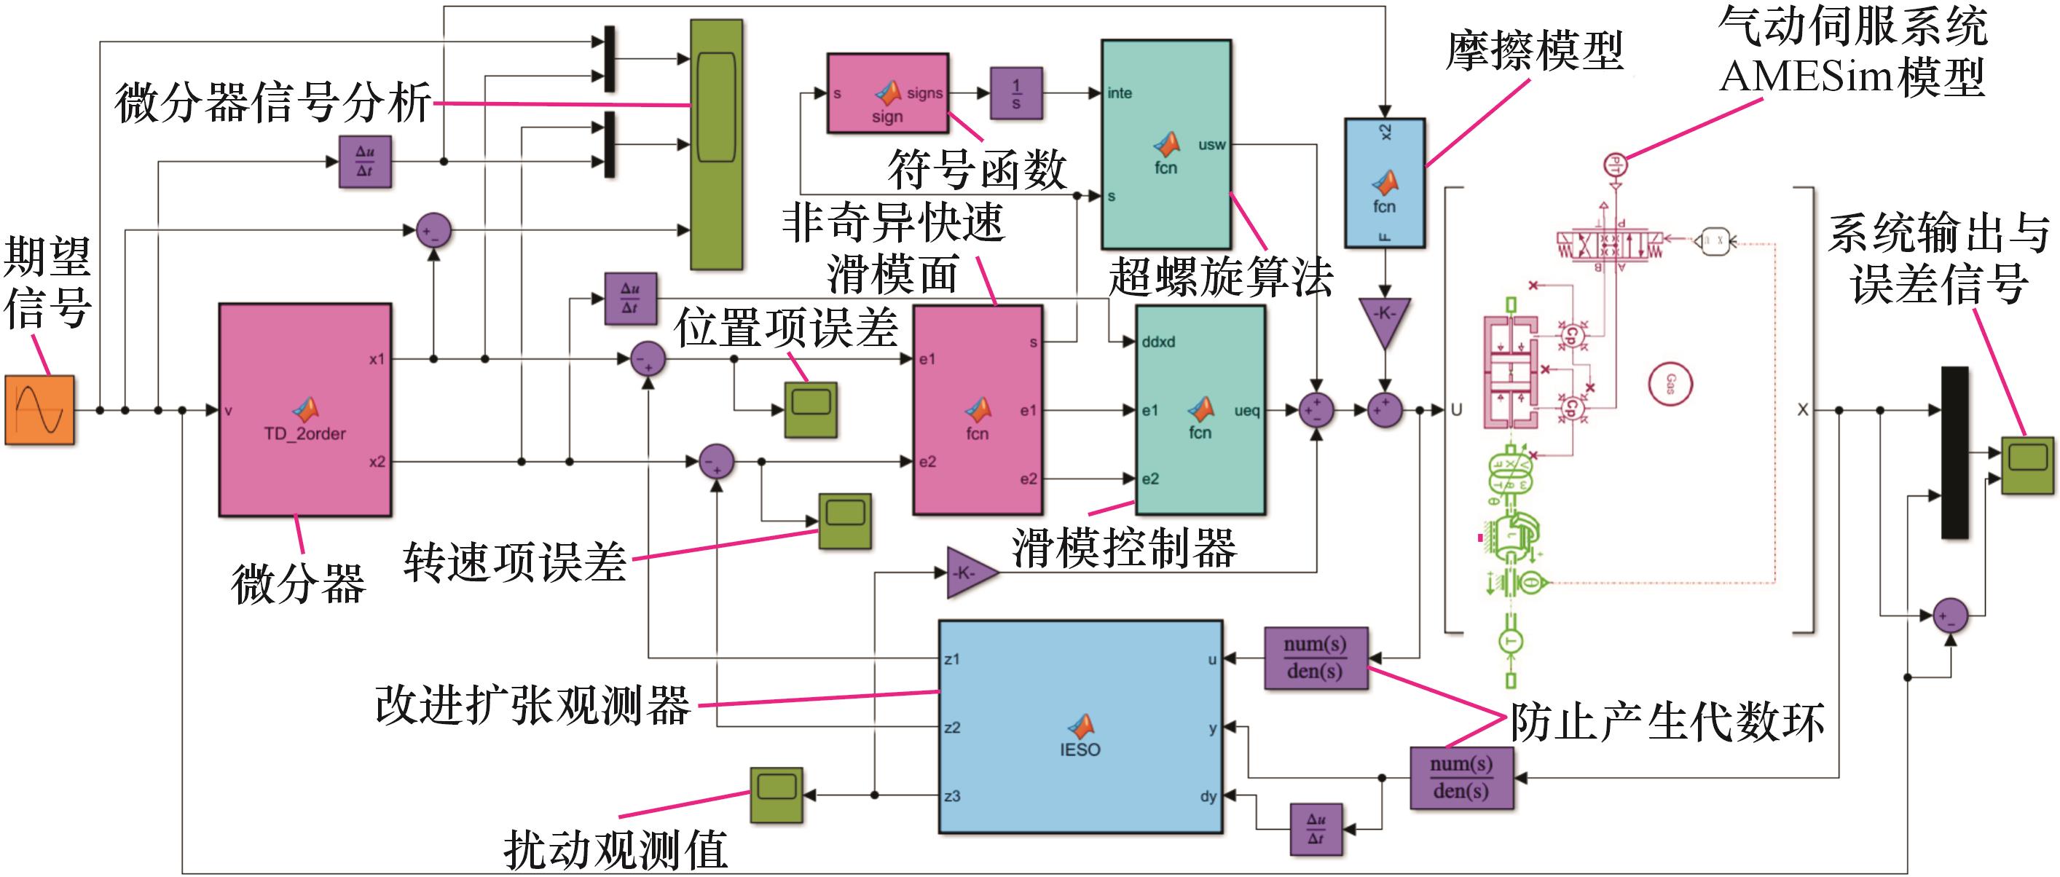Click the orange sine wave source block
[x=40, y=410]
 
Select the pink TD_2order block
[x=304, y=409]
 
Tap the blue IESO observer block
[x=1080, y=727]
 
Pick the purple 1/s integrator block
[x=1016, y=93]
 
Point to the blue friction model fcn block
[x=1384, y=183]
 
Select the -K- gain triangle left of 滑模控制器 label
[x=970, y=573]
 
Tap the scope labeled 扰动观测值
[x=777, y=795]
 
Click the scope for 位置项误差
[x=811, y=409]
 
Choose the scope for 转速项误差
[x=844, y=520]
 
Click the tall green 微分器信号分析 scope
[x=717, y=145]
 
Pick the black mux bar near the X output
[x=1954, y=452]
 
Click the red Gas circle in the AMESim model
[x=1670, y=384]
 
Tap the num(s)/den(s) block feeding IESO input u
[x=1316, y=658]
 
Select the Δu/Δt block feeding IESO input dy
[x=1316, y=829]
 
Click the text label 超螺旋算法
[x=1220, y=278]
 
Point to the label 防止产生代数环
[x=1667, y=722]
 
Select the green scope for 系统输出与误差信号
[x=2027, y=465]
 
